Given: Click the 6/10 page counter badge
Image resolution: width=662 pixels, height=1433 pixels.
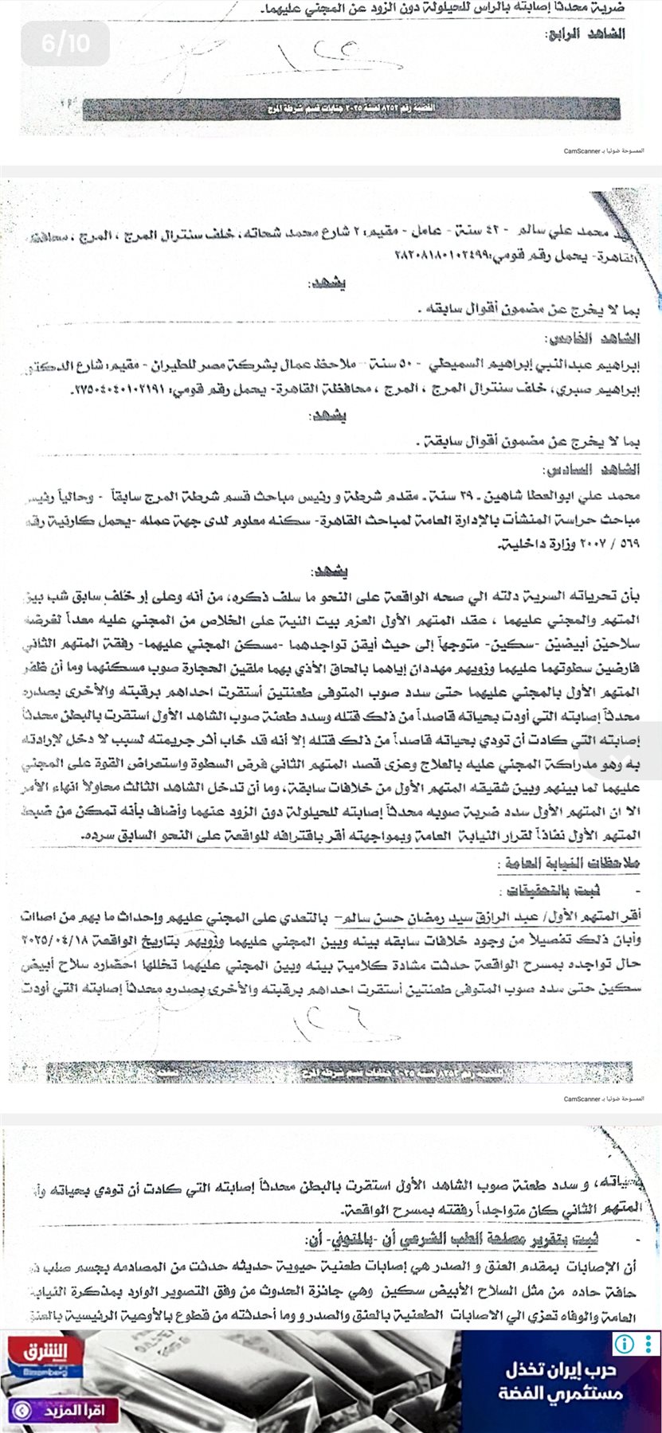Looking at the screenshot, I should (x=65, y=44).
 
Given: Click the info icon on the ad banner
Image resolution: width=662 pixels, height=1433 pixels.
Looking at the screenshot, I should (x=623, y=1345).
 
